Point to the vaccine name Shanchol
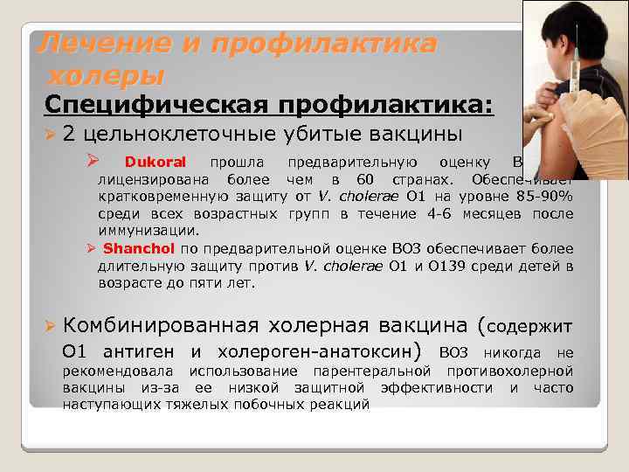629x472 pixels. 139,248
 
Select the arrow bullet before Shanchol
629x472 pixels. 91,248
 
